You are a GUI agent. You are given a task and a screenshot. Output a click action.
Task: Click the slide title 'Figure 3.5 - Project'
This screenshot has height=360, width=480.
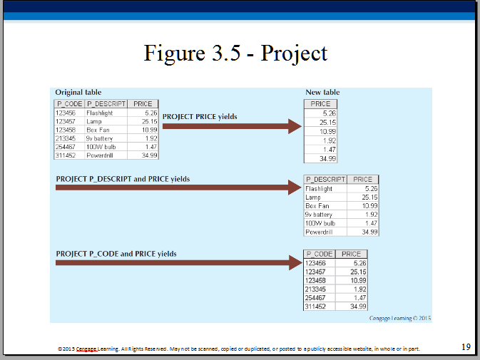pos(235,53)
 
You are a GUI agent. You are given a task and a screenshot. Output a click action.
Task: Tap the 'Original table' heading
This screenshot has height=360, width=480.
pos(78,93)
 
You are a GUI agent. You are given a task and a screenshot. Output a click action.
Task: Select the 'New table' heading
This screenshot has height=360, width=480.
pos(322,92)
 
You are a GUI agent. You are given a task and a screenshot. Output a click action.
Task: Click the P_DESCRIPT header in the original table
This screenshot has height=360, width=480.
pos(106,104)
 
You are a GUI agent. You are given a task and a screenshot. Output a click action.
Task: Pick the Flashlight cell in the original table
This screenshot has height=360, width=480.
pos(99,113)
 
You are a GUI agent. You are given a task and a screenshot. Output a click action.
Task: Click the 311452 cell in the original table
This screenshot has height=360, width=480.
pos(66,155)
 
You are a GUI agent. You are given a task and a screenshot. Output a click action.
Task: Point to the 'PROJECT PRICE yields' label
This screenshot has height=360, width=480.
pos(200,116)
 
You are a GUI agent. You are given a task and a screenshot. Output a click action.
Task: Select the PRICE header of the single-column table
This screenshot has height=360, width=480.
pos(320,104)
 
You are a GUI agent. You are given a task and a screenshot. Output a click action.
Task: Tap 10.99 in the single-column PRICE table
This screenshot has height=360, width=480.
pos(327,131)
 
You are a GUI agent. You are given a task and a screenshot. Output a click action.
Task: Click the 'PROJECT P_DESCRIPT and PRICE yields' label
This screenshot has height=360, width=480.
pos(123,179)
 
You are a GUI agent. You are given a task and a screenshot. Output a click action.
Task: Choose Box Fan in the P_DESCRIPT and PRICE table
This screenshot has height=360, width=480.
pos(317,206)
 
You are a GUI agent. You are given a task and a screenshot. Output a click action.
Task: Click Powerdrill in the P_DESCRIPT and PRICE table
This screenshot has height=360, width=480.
pos(319,232)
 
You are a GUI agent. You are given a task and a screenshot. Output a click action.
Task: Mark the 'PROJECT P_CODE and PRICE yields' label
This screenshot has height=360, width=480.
pos(116,254)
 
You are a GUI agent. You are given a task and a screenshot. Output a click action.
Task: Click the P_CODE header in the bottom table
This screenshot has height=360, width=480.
pos(320,254)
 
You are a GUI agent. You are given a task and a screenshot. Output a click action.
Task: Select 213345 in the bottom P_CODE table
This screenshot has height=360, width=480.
pos(315,289)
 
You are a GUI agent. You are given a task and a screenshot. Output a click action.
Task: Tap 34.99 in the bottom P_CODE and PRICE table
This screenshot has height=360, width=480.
pos(358,306)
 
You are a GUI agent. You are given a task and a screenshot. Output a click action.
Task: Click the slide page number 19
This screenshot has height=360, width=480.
pos(466,347)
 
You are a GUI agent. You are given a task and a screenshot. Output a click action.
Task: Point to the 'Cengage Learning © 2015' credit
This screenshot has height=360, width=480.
pos(400,319)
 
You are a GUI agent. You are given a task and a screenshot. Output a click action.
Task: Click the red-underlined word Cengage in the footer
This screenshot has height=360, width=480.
pos(86,349)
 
